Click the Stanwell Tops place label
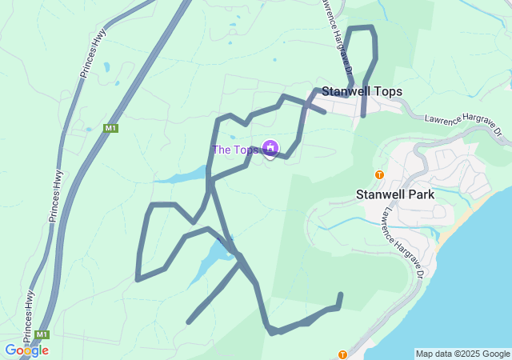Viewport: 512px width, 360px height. coord(362,91)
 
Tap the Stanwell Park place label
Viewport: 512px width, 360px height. coord(395,194)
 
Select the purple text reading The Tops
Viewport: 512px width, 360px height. coord(235,150)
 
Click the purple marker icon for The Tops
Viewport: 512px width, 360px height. coord(270,148)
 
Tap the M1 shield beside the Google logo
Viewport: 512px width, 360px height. coord(42,334)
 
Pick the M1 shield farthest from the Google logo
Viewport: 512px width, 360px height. coord(110,127)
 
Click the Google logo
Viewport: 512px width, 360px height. coord(26,350)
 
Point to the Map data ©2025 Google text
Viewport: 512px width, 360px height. coord(462,354)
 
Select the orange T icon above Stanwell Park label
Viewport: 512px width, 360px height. coord(379,175)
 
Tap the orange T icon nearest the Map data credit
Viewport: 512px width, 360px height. coord(342,354)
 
